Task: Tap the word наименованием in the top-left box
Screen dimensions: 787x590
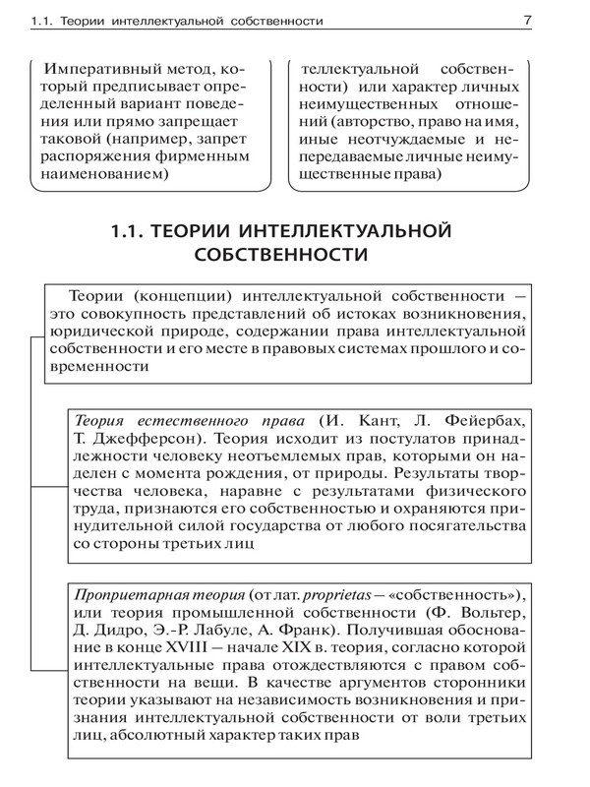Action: pyautogui.click(x=105, y=175)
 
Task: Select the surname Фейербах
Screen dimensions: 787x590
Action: pyautogui.click(x=485, y=415)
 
